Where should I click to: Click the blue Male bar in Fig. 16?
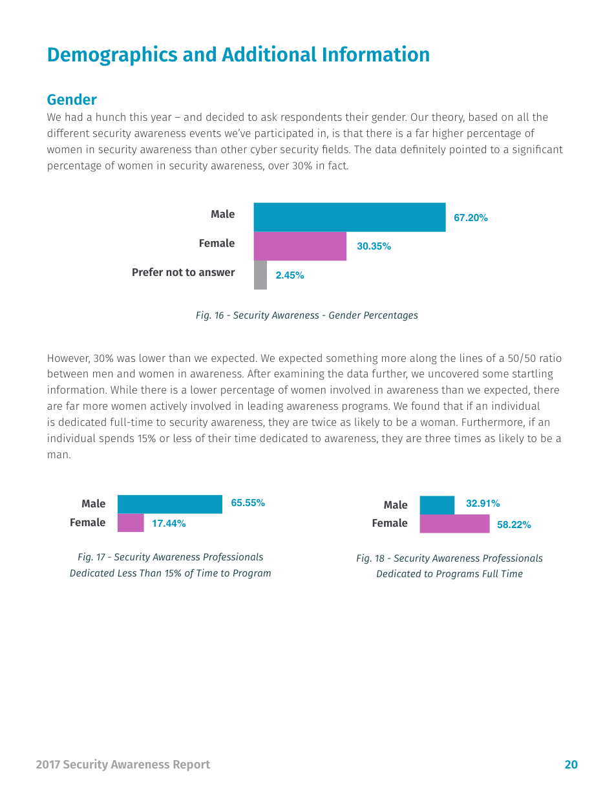pyautogui.click(x=349, y=217)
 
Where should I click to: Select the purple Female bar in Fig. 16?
pyautogui.click(x=300, y=246)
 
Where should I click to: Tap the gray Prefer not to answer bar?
pyautogui.click(x=260, y=275)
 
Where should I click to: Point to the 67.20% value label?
pyautogui.click(x=471, y=218)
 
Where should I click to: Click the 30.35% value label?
pyautogui.click(x=374, y=246)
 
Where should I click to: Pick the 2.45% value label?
pyautogui.click(x=290, y=275)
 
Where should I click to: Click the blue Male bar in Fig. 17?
pyautogui.click(x=169, y=504)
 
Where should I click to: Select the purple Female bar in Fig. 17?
pyautogui.click(x=131, y=523)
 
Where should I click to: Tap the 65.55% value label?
pyautogui.click(x=248, y=503)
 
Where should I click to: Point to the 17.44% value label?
pyautogui.click(x=169, y=524)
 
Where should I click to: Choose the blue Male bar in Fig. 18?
pyautogui.click(x=437, y=505)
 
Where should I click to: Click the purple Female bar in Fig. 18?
pyautogui.click(x=454, y=524)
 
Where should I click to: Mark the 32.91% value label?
pyautogui.click(x=483, y=503)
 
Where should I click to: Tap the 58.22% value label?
pyautogui.click(x=514, y=525)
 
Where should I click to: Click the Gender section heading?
pyautogui.click(x=72, y=100)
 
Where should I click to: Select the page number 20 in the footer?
pyautogui.click(x=571, y=765)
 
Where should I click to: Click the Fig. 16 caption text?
pyautogui.click(x=306, y=315)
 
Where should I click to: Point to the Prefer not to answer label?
pyautogui.click(x=183, y=272)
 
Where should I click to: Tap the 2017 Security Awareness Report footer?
pyautogui.click(x=123, y=765)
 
